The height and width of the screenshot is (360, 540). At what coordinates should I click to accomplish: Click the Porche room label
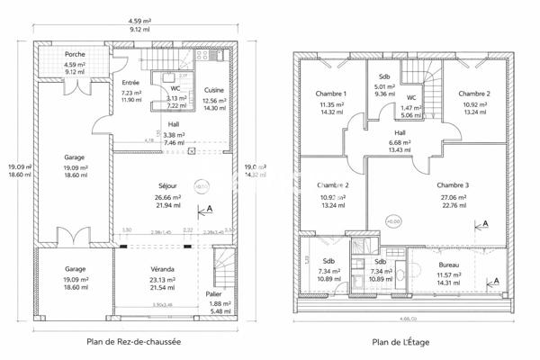[63, 55]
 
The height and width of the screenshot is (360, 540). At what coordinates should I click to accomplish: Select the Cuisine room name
[214, 90]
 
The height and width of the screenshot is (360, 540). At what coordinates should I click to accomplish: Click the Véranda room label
[163, 269]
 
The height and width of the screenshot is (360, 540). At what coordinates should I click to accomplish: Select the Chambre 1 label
[331, 94]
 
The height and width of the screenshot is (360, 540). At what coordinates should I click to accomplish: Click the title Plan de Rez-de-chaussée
[133, 341]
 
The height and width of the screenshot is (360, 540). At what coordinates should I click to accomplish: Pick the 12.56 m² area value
[214, 100]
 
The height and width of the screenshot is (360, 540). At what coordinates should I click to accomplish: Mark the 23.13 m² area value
[163, 279]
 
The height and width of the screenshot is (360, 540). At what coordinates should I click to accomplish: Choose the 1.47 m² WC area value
[411, 107]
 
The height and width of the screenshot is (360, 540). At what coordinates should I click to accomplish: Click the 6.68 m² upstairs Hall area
[400, 141]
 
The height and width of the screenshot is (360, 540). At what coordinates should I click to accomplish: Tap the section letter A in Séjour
[211, 208]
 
